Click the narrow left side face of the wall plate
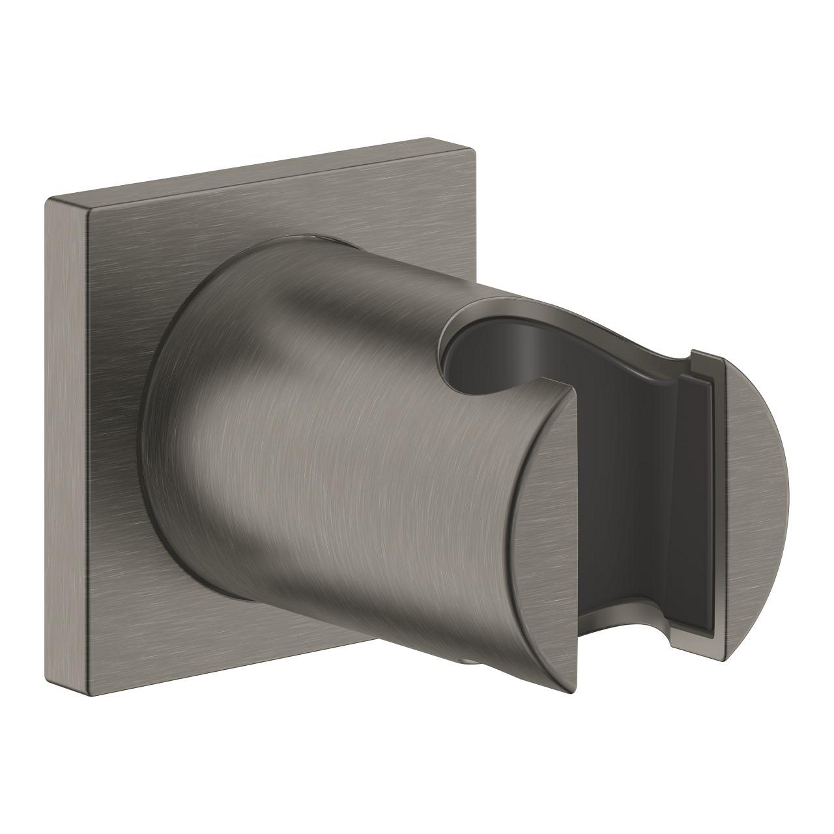point(65,450)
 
